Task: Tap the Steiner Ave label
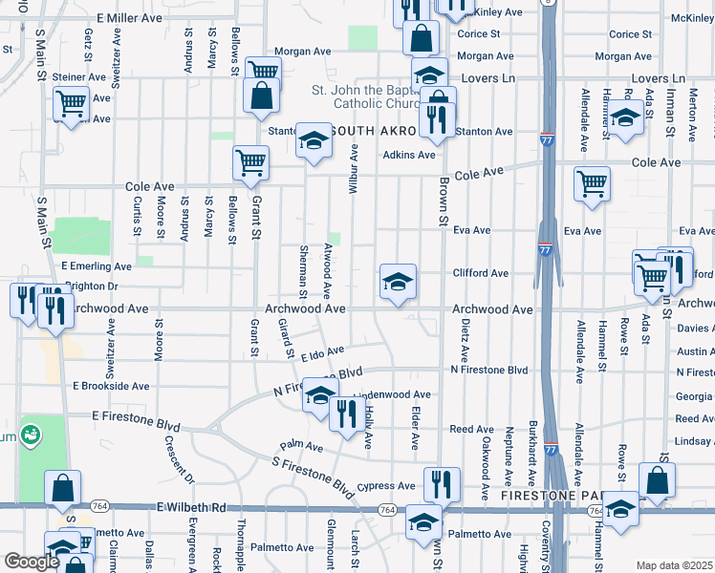point(79,77)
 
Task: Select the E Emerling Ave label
point(96,266)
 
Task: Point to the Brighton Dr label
point(90,286)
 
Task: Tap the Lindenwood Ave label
point(393,394)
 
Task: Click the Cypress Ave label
point(386,486)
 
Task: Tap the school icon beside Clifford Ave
point(398,281)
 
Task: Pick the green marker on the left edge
point(31,435)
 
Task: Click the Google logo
point(32,562)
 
